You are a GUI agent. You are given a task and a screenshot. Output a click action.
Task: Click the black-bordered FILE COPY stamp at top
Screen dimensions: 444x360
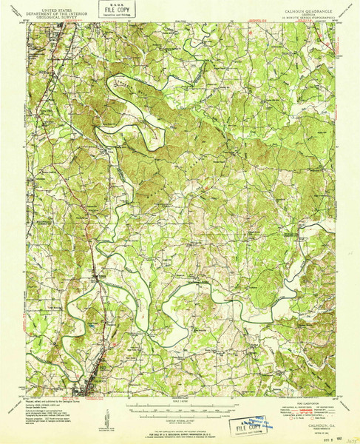click(112, 10)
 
